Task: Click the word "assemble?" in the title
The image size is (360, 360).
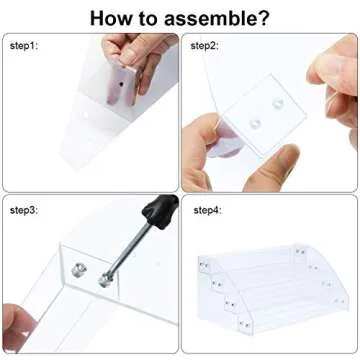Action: click(216, 18)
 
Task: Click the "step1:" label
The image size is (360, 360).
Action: click(24, 46)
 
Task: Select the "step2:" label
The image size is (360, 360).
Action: click(204, 46)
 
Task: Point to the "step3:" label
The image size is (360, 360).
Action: click(24, 210)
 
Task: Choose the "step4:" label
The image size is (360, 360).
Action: click(207, 210)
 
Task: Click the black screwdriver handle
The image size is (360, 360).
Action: click(161, 211)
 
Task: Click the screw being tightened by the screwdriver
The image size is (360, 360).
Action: click(104, 280)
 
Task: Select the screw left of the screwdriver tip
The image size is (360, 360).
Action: click(79, 270)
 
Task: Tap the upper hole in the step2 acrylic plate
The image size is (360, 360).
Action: click(277, 103)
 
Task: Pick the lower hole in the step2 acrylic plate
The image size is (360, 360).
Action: click(255, 124)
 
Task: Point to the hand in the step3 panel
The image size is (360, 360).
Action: click(17, 327)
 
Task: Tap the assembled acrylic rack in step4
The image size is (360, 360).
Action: click(272, 289)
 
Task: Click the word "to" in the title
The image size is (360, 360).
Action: click(148, 19)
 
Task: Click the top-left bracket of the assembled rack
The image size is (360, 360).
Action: click(204, 265)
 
